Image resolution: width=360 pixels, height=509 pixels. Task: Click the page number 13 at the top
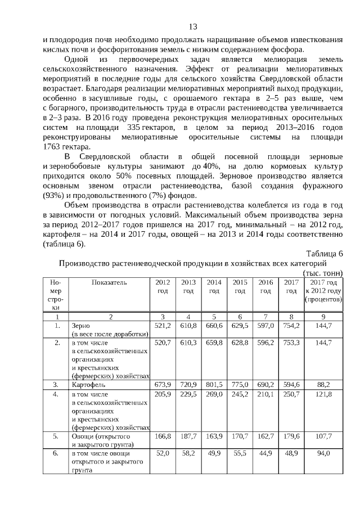click(192, 26)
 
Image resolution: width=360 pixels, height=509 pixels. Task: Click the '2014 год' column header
click(214, 286)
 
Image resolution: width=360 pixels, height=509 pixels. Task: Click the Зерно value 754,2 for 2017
click(291, 326)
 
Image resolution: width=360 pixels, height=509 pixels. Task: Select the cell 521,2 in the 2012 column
click(162, 326)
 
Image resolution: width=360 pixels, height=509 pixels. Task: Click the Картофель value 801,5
click(214, 385)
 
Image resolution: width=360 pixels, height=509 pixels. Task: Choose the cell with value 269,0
click(214, 395)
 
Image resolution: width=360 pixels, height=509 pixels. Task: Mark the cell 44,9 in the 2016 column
click(265, 453)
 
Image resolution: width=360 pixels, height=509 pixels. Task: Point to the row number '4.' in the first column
click(56, 395)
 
